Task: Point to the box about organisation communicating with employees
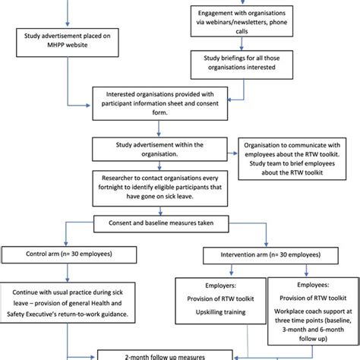coord(297,157)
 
